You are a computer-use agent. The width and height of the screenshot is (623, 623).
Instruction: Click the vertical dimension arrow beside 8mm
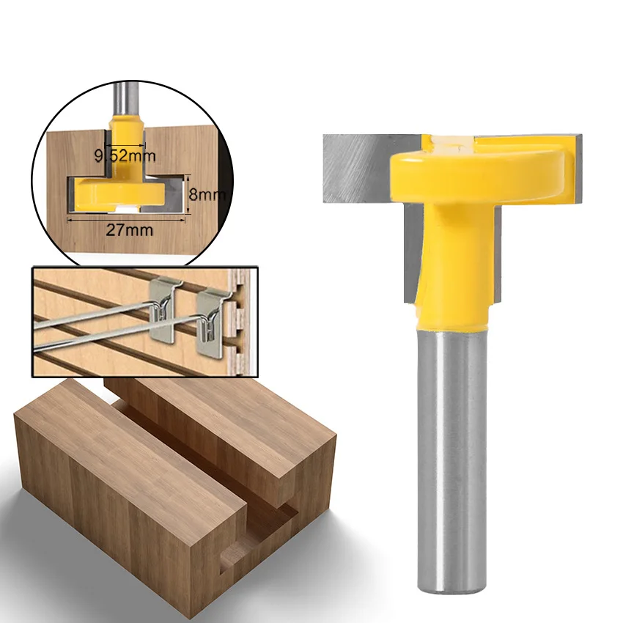tap(189, 194)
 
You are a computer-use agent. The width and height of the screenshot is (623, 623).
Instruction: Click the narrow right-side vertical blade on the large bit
tap(498, 257)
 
